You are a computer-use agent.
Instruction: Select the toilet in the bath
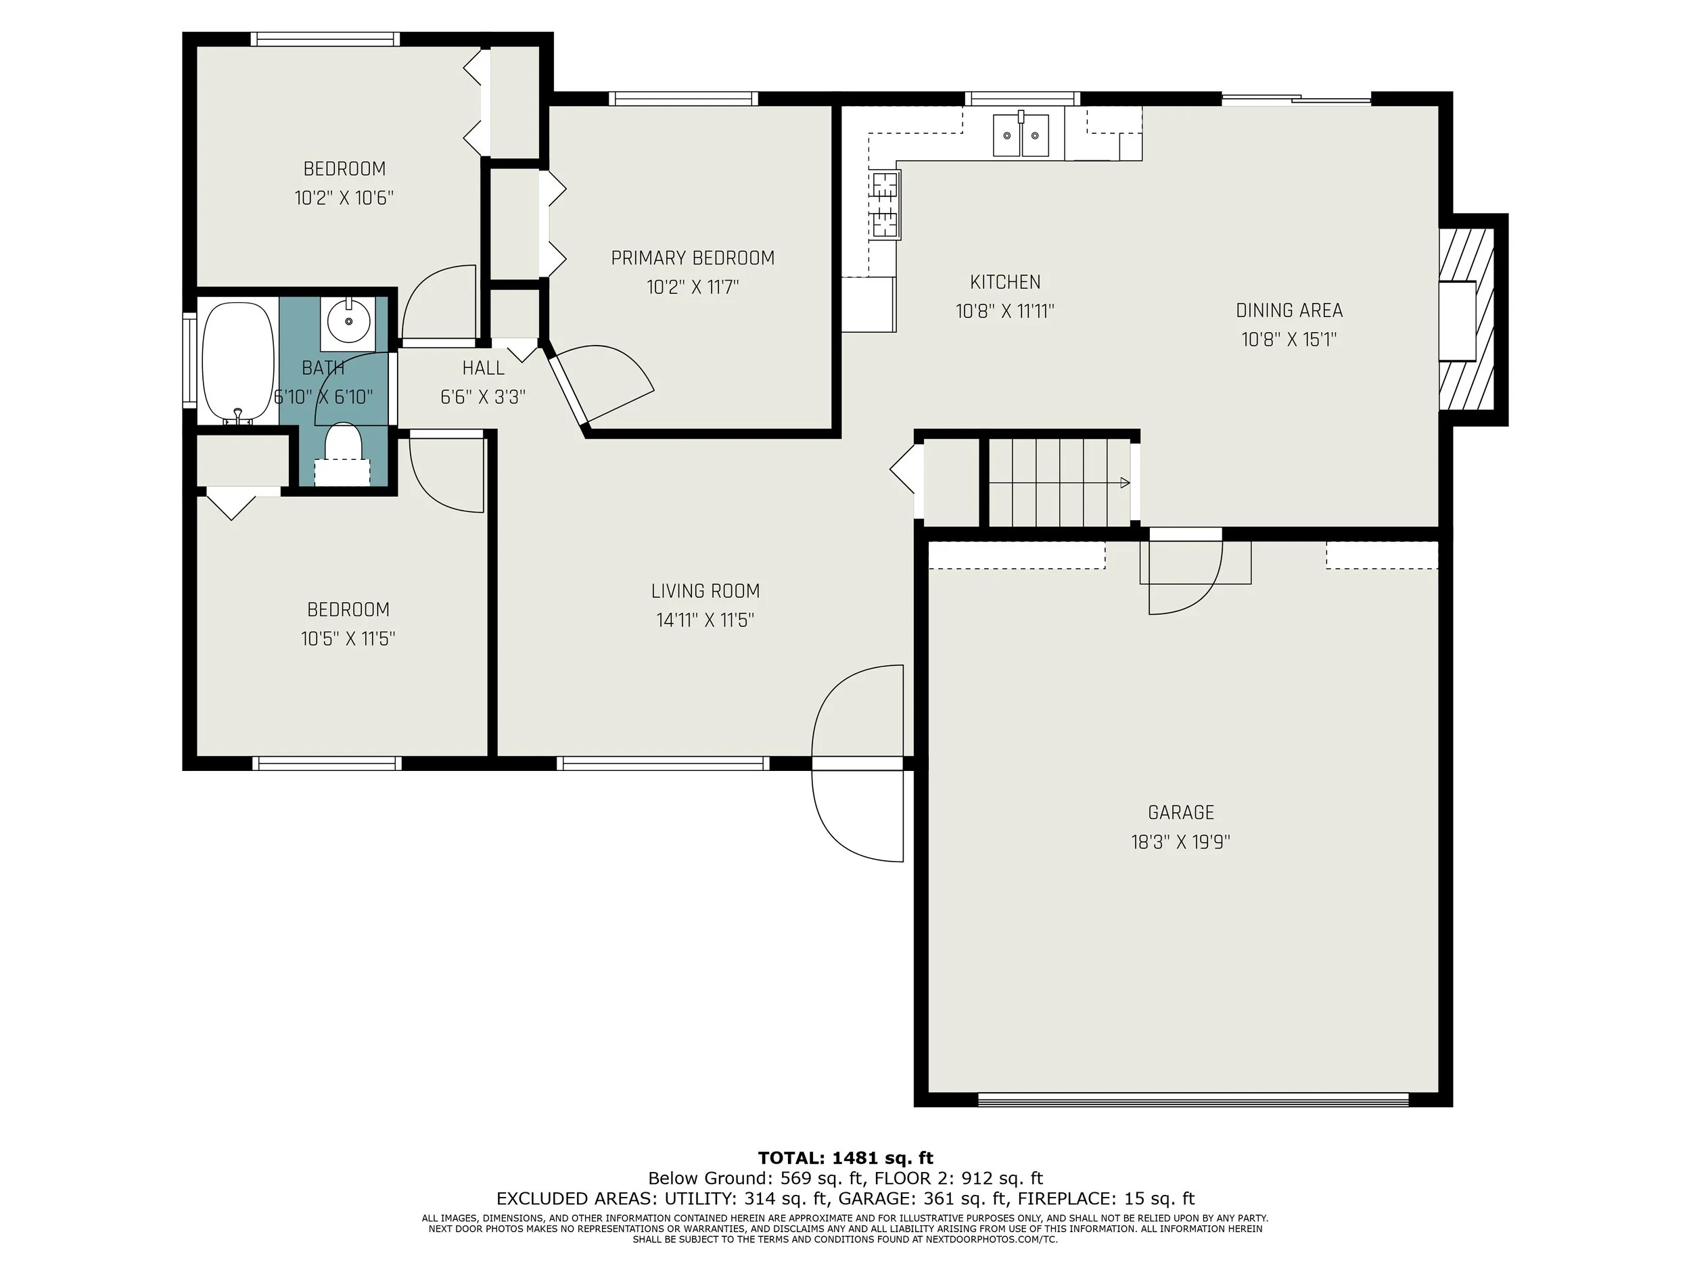click(342, 444)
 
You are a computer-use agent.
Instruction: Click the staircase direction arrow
click(1124, 483)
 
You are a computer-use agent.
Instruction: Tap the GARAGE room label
click(1180, 812)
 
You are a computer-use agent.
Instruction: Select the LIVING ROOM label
click(705, 591)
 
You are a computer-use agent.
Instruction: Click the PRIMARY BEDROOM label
click(693, 258)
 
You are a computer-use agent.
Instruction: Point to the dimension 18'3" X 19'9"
click(1180, 842)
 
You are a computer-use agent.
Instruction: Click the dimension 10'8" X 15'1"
click(1289, 339)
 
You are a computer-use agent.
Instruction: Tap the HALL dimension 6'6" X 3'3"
click(482, 398)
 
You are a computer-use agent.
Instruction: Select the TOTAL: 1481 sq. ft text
click(845, 1158)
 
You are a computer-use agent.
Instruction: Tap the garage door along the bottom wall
click(1192, 1100)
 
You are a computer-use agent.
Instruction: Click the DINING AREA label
click(1289, 310)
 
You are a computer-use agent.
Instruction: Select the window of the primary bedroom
click(683, 99)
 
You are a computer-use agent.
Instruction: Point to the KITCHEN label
click(1004, 282)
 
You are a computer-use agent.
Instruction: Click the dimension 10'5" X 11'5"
click(348, 639)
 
